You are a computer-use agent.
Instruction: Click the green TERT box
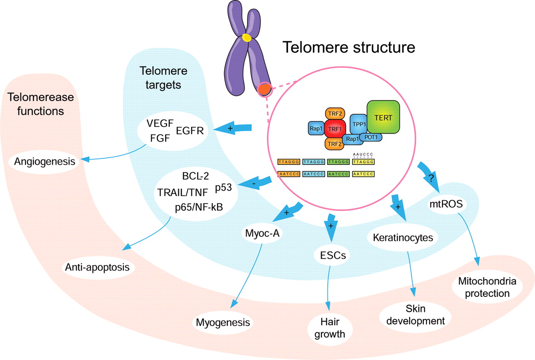(383, 117)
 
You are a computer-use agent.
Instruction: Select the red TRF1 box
(335, 129)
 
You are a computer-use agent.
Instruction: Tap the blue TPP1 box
(359, 124)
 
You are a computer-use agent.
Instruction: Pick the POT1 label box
(371, 137)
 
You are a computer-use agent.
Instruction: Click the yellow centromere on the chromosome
(247, 38)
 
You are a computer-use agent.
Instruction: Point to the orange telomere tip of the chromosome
(265, 89)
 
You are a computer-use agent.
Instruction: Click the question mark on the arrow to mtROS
(431, 178)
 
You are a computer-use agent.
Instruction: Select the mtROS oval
(446, 204)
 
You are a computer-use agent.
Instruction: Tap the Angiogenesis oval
(44, 162)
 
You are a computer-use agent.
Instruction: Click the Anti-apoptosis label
(97, 267)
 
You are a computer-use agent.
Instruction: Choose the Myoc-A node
(262, 233)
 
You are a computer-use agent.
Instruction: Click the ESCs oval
(333, 256)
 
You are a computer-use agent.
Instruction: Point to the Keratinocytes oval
(403, 238)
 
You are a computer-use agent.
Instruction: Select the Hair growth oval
(330, 328)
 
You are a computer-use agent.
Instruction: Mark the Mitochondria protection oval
(487, 287)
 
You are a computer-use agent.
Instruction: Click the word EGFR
(190, 131)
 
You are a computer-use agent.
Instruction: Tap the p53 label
(224, 188)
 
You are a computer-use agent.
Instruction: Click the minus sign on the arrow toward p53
(254, 184)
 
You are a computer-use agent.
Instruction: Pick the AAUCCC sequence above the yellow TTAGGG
(363, 155)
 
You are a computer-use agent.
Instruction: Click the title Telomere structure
(349, 47)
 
